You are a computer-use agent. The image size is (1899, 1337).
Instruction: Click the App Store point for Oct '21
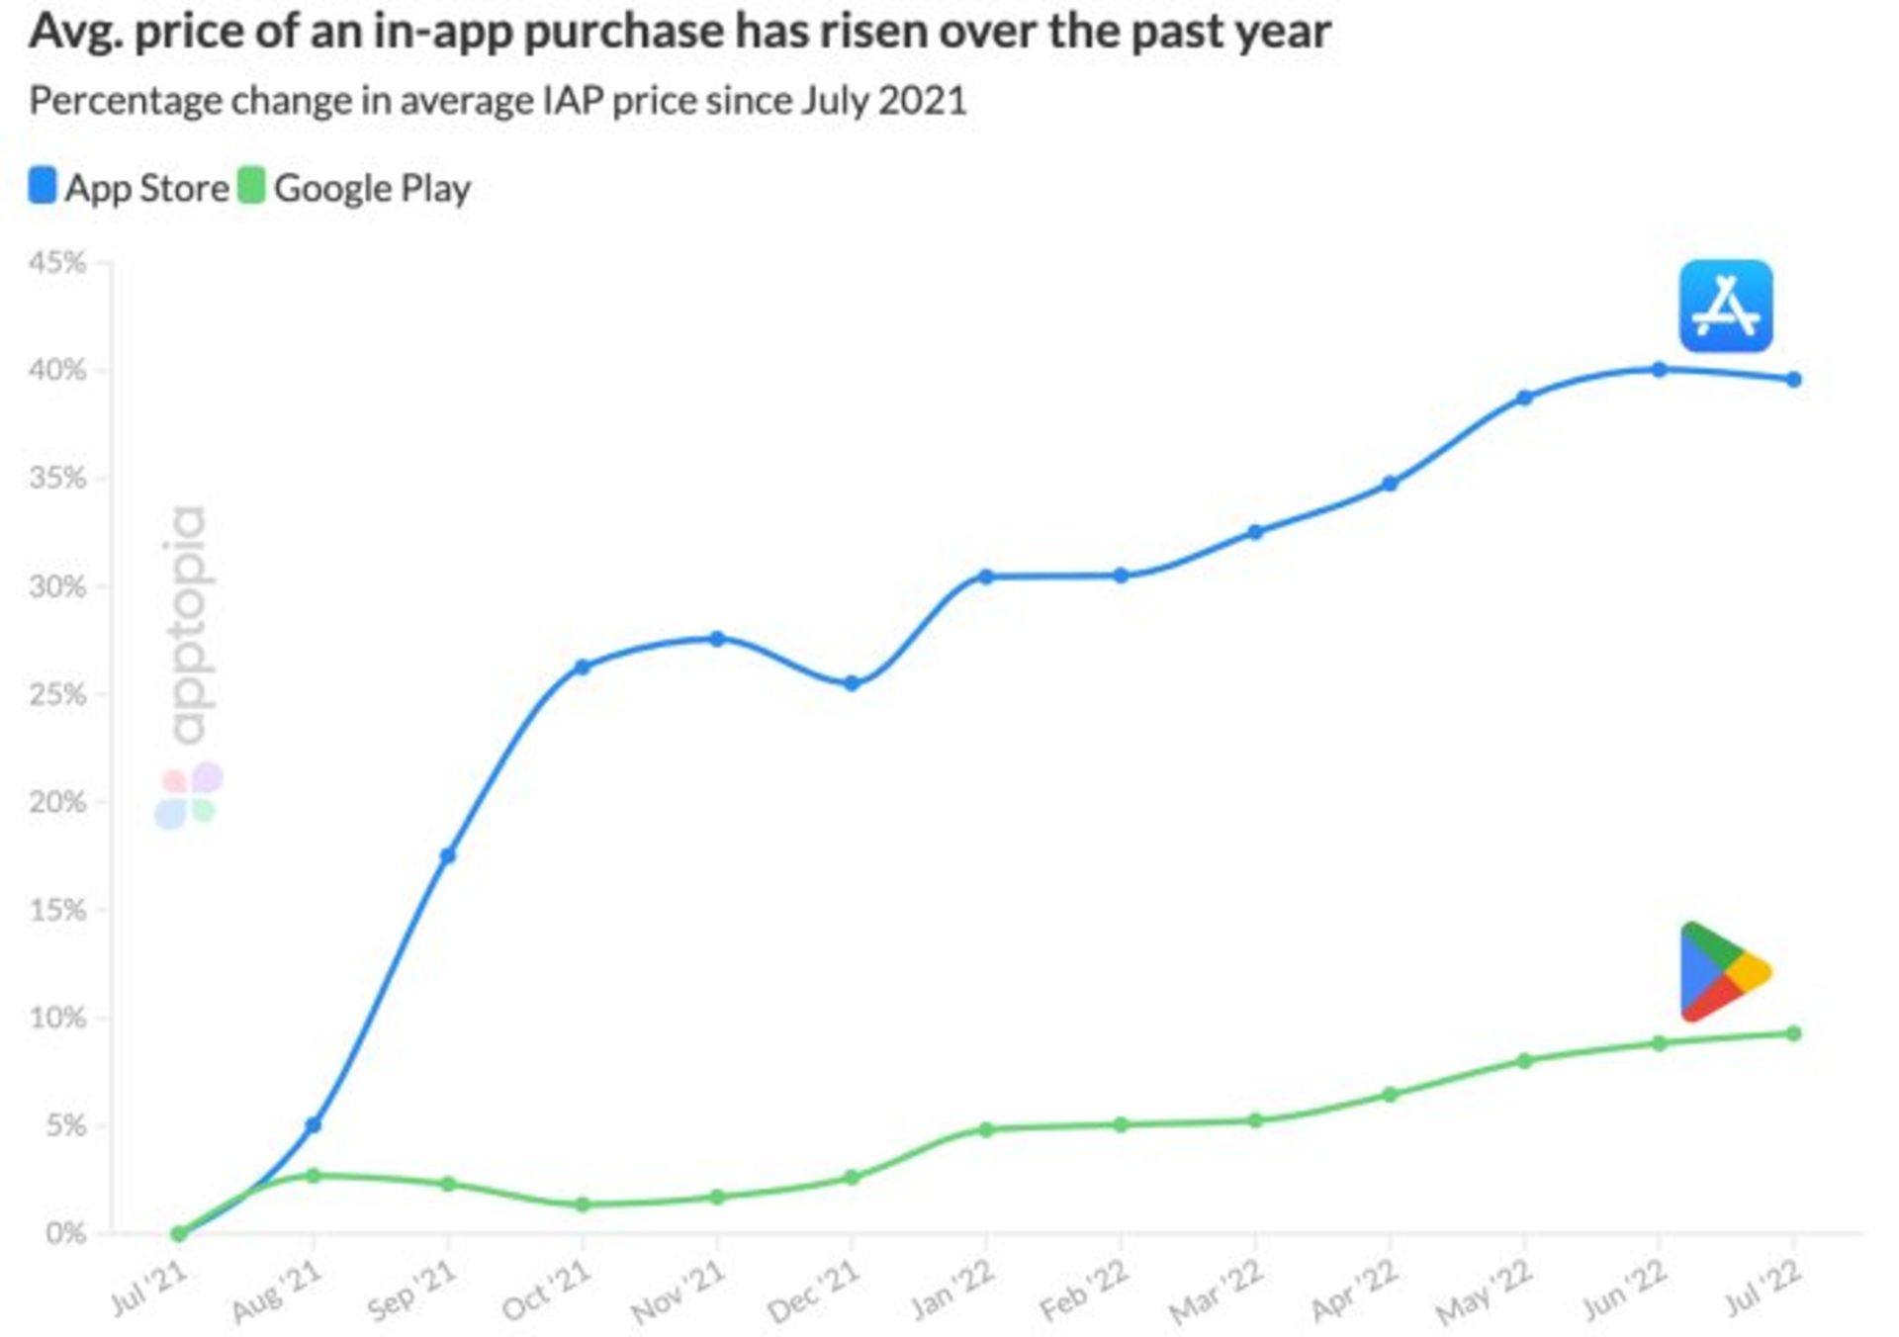pyautogui.click(x=583, y=668)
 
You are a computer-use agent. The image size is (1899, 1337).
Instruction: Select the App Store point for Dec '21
pyautogui.click(x=852, y=683)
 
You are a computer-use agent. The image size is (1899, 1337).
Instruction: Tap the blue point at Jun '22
pyautogui.click(x=1659, y=370)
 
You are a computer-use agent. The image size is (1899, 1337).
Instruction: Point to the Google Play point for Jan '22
pyautogui.click(x=986, y=1129)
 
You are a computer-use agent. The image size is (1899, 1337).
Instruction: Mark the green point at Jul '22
pyautogui.click(x=1793, y=1033)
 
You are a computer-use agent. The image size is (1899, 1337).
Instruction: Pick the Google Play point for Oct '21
pyautogui.click(x=583, y=1204)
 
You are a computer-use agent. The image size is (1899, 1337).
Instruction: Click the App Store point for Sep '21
pyautogui.click(x=448, y=855)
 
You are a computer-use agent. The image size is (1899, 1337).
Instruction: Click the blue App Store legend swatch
pyautogui.click(x=43, y=186)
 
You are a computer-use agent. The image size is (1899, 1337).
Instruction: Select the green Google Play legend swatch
pyautogui.click(x=252, y=186)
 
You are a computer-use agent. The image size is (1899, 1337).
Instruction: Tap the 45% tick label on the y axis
pyautogui.click(x=57, y=263)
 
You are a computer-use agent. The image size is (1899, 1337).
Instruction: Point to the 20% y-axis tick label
pyautogui.click(x=57, y=802)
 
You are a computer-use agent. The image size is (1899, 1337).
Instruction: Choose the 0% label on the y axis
pyautogui.click(x=65, y=1233)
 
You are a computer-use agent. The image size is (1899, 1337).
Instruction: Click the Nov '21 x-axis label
pyautogui.click(x=678, y=1292)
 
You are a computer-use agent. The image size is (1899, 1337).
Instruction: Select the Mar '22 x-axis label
pyautogui.click(x=1217, y=1292)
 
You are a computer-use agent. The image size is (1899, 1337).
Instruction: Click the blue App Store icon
pyautogui.click(x=1726, y=306)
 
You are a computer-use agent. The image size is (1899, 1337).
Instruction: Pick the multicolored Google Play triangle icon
pyautogui.click(x=1721, y=972)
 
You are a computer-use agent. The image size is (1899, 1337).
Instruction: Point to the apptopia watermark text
pyautogui.click(x=188, y=625)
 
